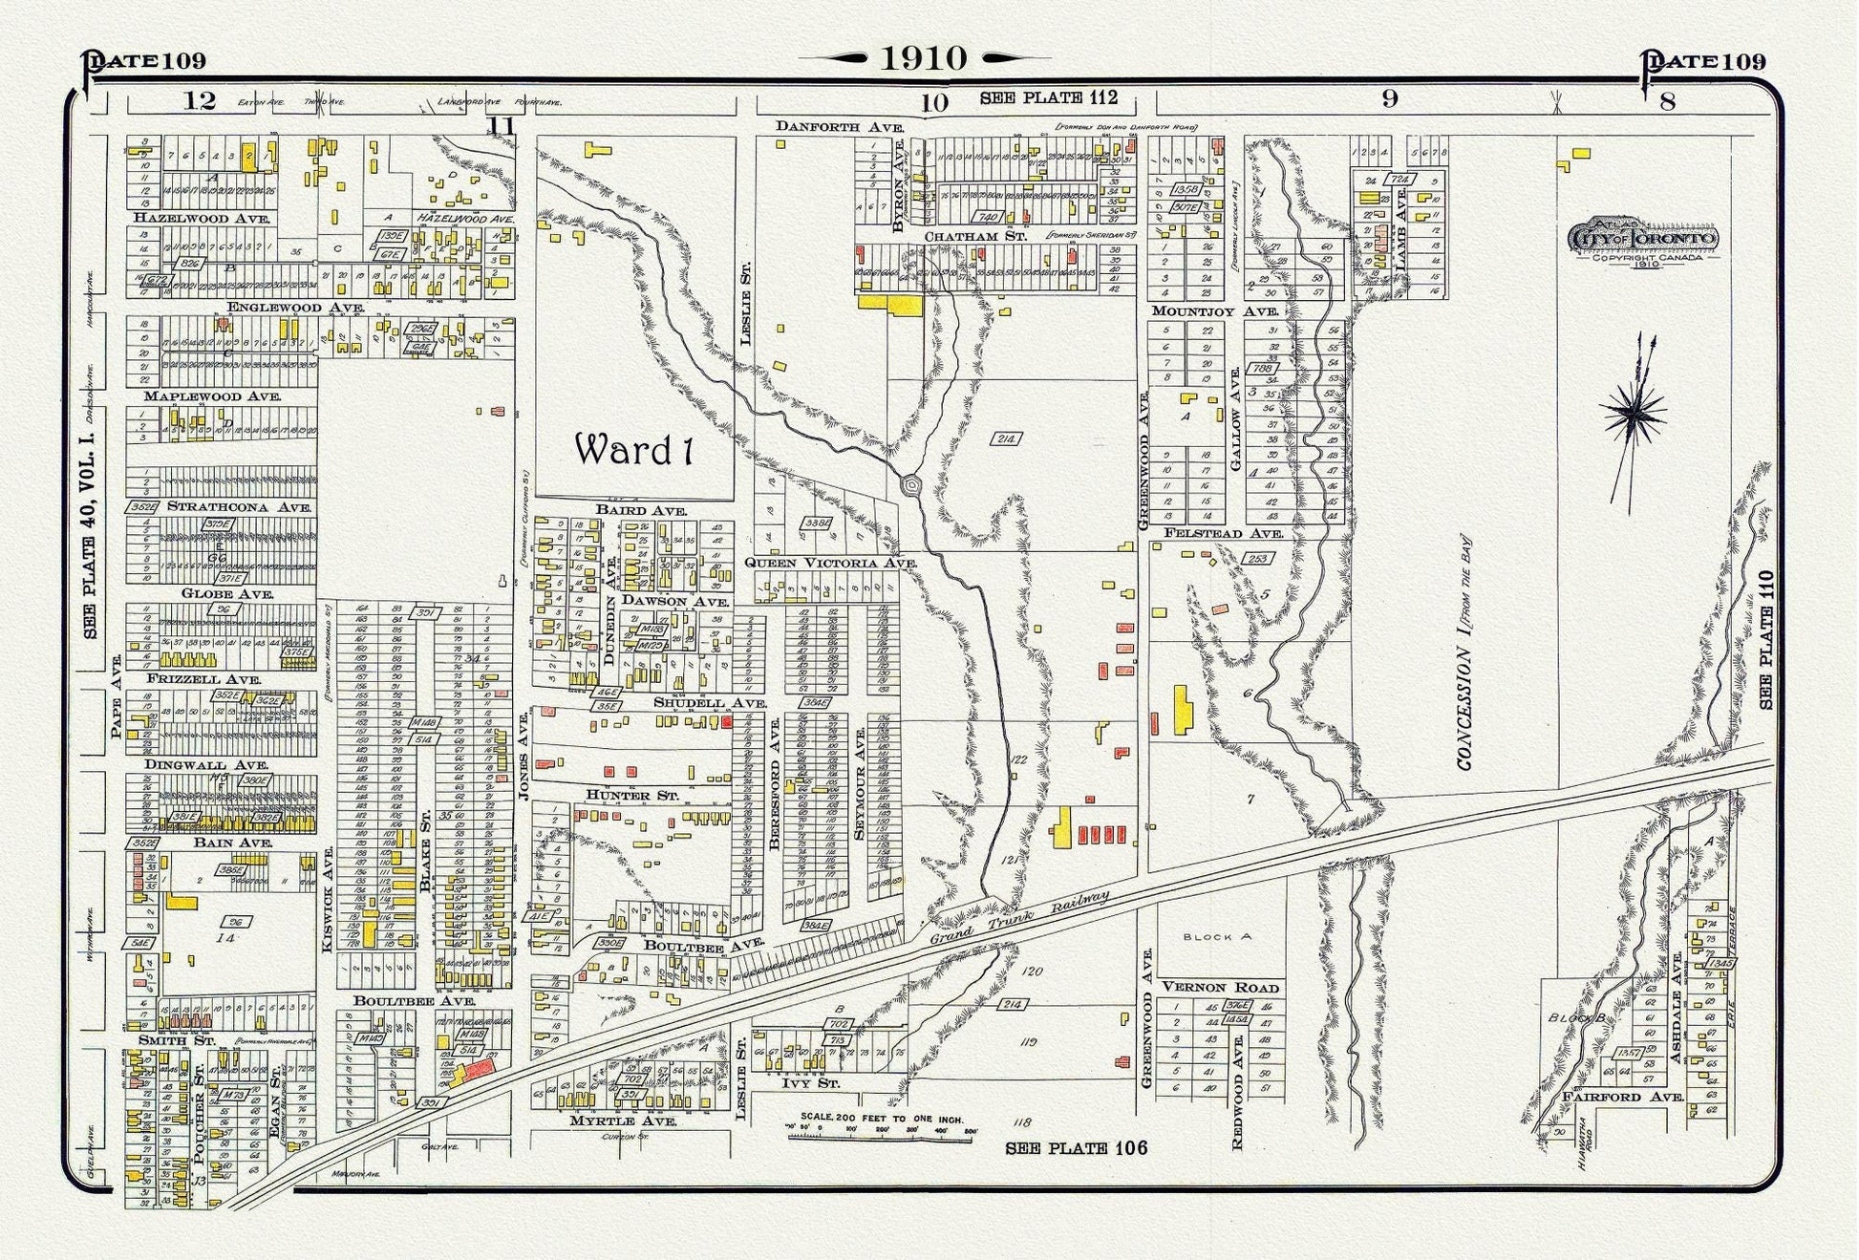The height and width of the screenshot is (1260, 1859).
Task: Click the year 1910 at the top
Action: (x=923, y=59)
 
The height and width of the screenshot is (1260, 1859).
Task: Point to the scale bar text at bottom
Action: (x=882, y=1119)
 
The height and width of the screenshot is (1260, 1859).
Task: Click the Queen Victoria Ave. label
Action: (x=830, y=563)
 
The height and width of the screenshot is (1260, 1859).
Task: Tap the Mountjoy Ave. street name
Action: (x=1214, y=311)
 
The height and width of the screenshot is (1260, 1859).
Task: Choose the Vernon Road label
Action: (x=1220, y=987)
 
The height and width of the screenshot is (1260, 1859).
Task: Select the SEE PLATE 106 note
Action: (x=1076, y=1148)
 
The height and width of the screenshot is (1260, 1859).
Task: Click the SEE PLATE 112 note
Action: (x=1048, y=97)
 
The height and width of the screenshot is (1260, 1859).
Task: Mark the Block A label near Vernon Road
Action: (x=1216, y=937)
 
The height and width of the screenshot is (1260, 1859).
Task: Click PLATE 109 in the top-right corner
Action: (x=1703, y=62)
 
